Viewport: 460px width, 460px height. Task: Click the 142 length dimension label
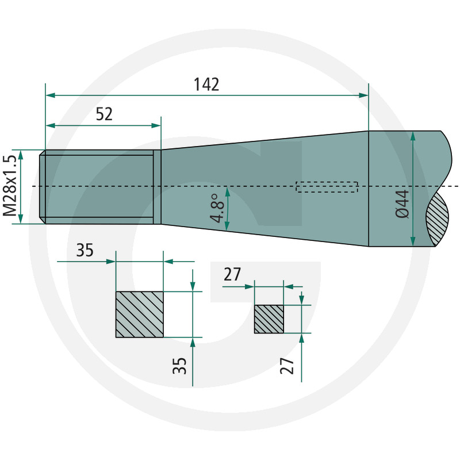[x=206, y=85]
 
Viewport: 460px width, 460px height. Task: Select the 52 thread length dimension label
[x=104, y=114]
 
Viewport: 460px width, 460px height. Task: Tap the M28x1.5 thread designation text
[x=10, y=186]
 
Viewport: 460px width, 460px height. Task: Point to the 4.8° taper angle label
[x=217, y=208]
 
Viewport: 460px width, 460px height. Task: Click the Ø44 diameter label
[x=402, y=204]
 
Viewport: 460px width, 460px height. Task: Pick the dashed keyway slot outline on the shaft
[x=327, y=187]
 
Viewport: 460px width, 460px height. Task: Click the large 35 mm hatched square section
[x=140, y=315]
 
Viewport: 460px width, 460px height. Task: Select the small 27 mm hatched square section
[x=269, y=319]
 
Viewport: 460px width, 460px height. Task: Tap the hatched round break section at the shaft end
[x=437, y=218]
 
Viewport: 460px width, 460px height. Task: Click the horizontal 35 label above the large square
[x=85, y=250]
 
